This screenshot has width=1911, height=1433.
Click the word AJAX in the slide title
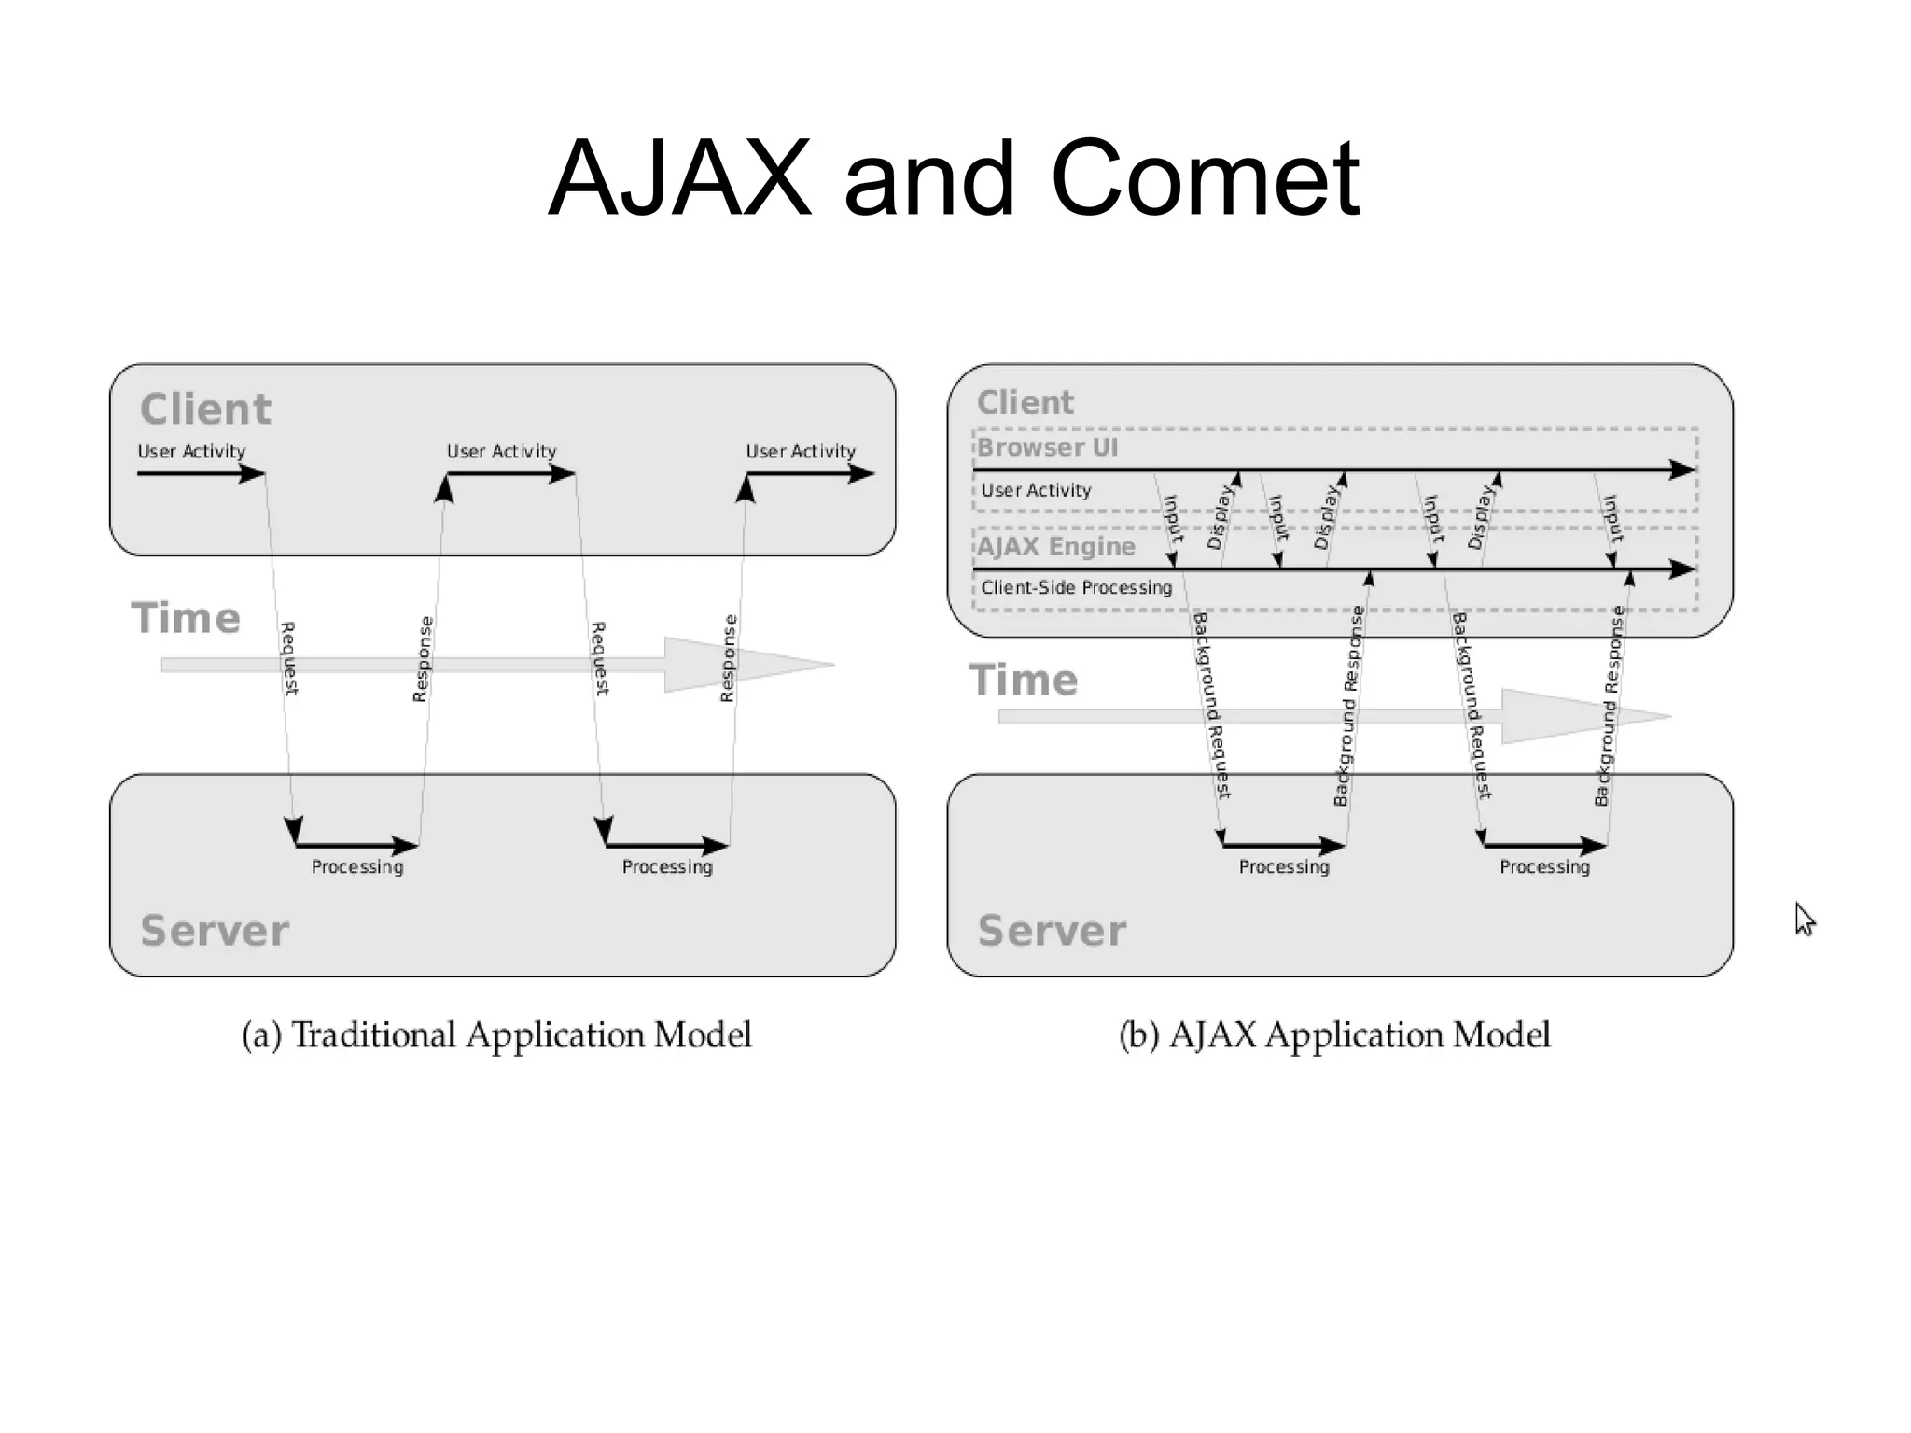tap(679, 178)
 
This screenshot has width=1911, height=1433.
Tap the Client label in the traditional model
tap(205, 409)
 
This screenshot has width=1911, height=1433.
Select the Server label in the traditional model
tap(215, 931)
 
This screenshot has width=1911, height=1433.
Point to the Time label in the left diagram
tap(186, 618)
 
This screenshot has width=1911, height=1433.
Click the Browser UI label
tap(1047, 447)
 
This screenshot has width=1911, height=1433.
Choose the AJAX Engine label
tap(1056, 546)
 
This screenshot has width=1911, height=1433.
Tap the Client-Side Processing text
tap(1076, 587)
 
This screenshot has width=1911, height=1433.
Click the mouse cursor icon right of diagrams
tap(1805, 919)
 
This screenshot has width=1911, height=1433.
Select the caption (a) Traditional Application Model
tap(496, 1034)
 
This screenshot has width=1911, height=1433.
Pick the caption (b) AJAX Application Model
tap(1334, 1034)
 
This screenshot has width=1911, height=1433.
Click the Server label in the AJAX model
tap(1052, 931)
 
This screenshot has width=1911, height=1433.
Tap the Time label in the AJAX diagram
tap(1023, 680)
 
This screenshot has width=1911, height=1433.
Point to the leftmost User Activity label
tap(191, 451)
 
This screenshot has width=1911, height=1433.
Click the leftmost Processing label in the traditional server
tap(357, 867)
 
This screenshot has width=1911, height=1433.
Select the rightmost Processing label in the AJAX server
tap(1544, 867)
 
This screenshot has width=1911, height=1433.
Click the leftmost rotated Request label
tap(289, 658)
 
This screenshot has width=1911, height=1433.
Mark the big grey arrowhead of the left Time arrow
tap(737, 665)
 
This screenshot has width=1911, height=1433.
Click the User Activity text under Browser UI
tap(1036, 490)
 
